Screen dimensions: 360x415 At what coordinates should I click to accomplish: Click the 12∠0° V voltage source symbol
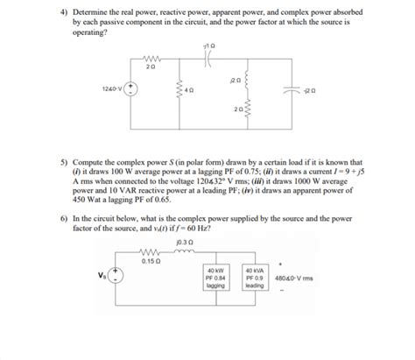pos(130,88)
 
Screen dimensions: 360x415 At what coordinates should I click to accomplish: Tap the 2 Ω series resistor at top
pos(151,56)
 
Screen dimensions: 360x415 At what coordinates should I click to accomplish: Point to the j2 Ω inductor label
pos(233,78)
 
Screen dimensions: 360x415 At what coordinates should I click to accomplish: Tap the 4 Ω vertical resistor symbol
pos(179,89)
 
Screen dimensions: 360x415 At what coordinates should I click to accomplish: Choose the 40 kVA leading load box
pos(255,279)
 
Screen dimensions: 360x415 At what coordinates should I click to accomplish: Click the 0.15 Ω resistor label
pos(150,260)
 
